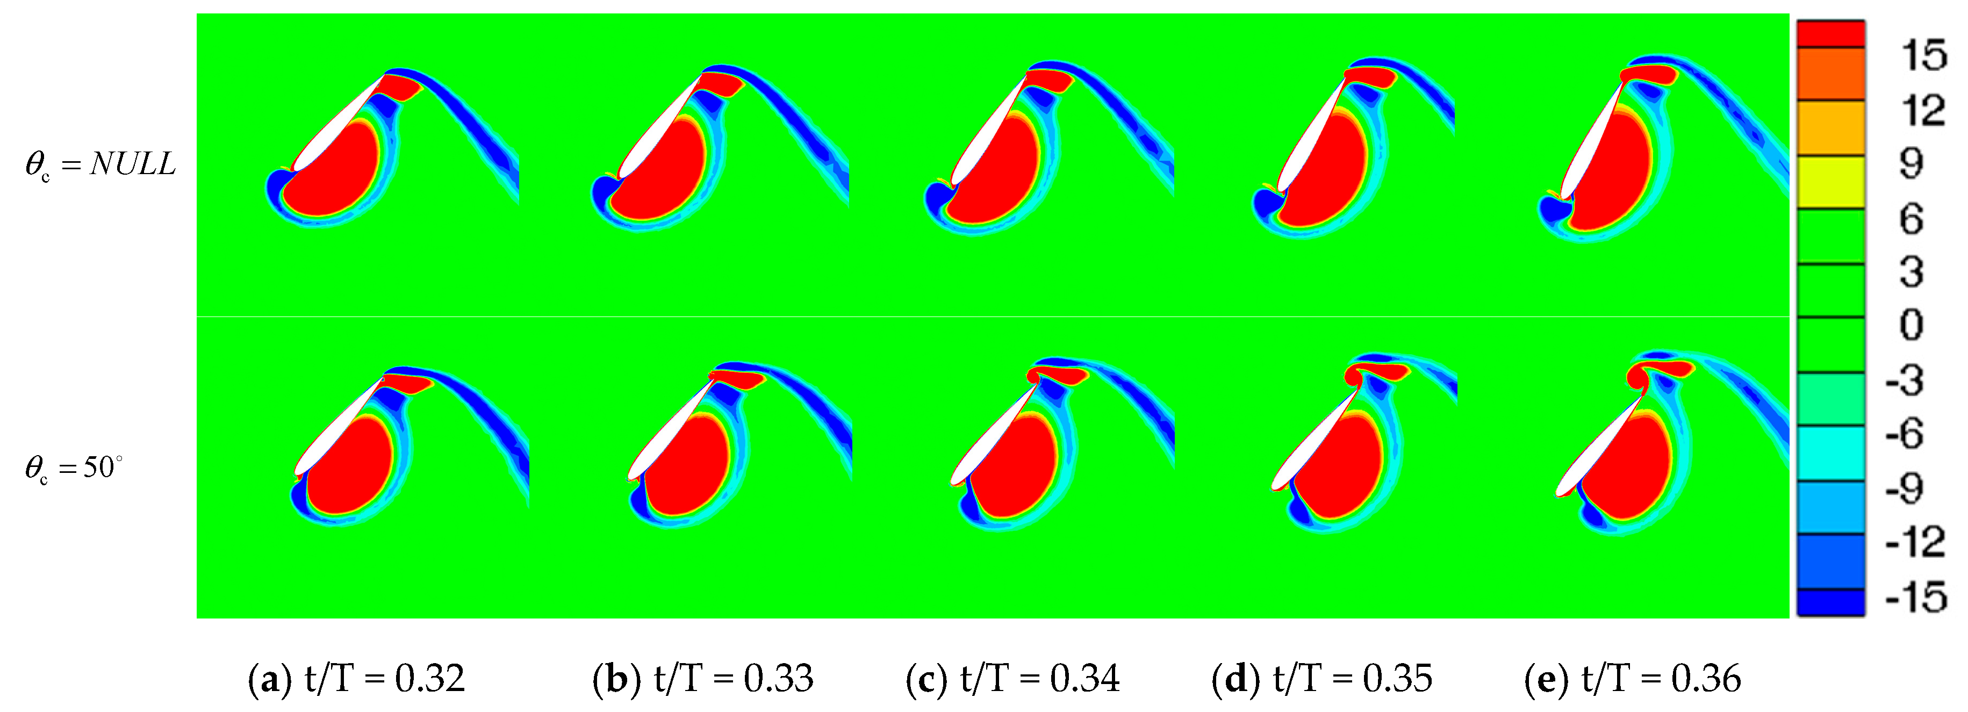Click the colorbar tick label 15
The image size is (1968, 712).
(1922, 56)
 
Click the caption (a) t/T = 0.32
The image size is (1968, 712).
(356, 678)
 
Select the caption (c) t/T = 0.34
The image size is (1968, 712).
(1012, 678)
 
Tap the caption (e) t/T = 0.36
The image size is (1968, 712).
(1633, 678)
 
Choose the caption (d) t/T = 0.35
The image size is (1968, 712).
(1321, 678)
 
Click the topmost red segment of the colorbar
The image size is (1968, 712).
(1830, 34)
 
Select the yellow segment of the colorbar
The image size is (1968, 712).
(1830, 182)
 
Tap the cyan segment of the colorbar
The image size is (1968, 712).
(1830, 453)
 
